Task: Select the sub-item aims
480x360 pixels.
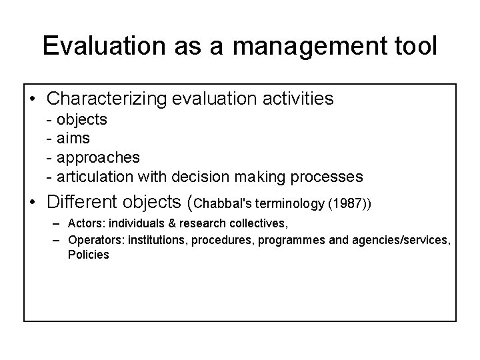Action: [x=73, y=139]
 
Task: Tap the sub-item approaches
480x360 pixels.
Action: [x=99, y=157]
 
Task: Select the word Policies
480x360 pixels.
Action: [x=88, y=255]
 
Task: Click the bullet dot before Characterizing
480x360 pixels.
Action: [x=33, y=100]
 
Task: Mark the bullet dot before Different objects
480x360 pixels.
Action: [x=33, y=201]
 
